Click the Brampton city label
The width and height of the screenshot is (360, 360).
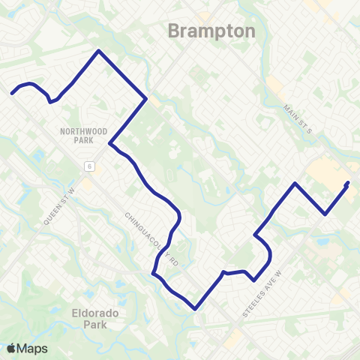point(211,31)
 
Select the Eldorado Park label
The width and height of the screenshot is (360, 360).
point(96,319)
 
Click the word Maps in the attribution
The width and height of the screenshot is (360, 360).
point(33,348)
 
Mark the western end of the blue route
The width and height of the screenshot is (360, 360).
point(12,94)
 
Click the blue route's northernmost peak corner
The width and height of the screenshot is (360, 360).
point(97,51)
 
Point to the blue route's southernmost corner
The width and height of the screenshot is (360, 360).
point(195,307)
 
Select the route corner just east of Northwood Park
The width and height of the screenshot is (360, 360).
point(110,143)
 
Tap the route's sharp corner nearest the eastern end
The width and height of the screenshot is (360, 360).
point(325,214)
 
